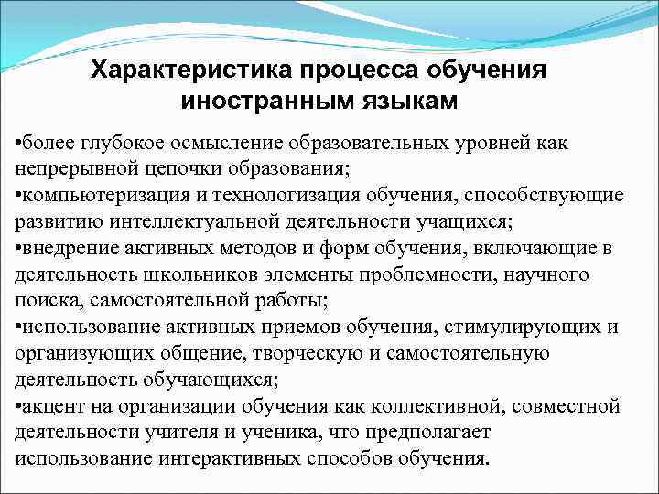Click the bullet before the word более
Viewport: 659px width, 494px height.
[x=19, y=144]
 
